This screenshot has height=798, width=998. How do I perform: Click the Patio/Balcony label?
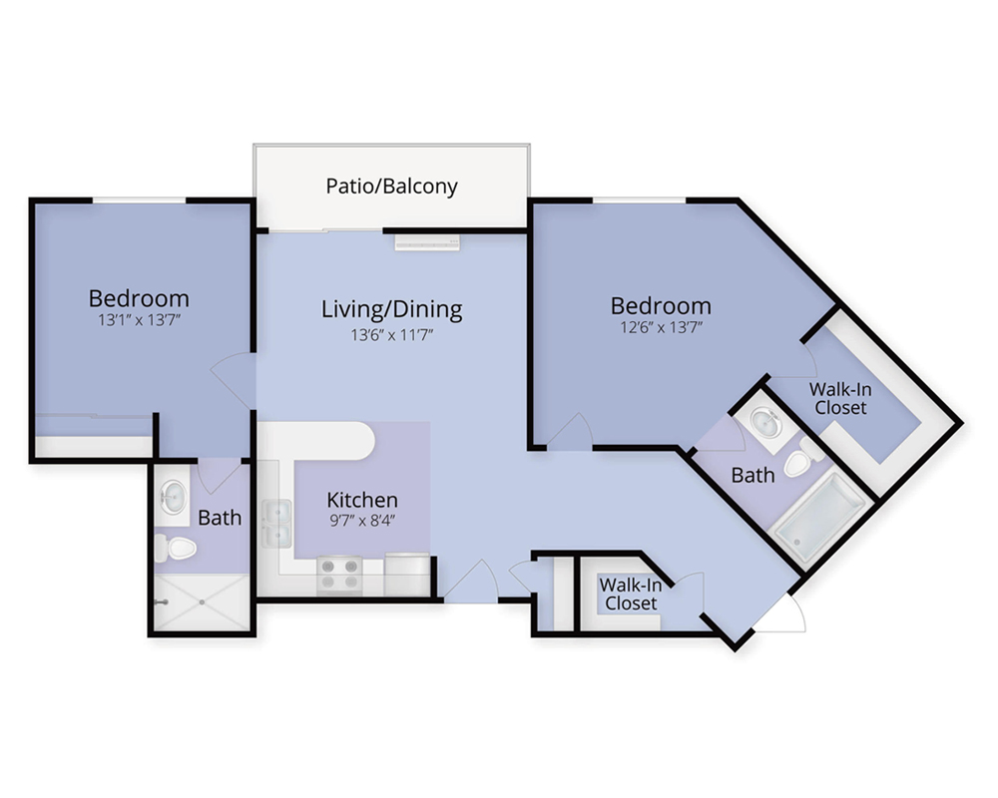pos(391,186)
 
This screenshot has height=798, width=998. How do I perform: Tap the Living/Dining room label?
pos(391,308)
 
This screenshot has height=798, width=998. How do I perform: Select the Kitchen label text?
pos(362,500)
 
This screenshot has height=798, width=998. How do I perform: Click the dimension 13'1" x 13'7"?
pos(140,319)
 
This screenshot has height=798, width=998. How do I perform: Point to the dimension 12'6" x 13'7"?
pos(662,327)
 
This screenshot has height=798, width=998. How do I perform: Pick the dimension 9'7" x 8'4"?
pos(362,520)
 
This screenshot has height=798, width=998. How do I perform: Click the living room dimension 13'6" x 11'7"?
pos(391,334)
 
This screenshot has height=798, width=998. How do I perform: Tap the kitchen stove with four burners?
pos(339,576)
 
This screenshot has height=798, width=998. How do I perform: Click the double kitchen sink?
pos(277,524)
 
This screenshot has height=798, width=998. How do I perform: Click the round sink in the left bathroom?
pos(173,496)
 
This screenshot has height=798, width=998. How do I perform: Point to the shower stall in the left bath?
pos(202,602)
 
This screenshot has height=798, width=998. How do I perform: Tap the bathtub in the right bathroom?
pos(819,517)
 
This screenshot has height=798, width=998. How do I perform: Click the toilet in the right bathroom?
pos(803,457)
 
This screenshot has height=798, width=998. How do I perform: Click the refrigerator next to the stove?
pos(407,575)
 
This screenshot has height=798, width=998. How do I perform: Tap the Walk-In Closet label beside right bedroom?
pos(840,398)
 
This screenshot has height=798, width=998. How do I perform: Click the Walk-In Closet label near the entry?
pos(630,594)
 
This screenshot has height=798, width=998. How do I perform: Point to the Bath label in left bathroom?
pos(220,518)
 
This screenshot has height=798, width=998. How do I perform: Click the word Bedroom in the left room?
pos(139,298)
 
